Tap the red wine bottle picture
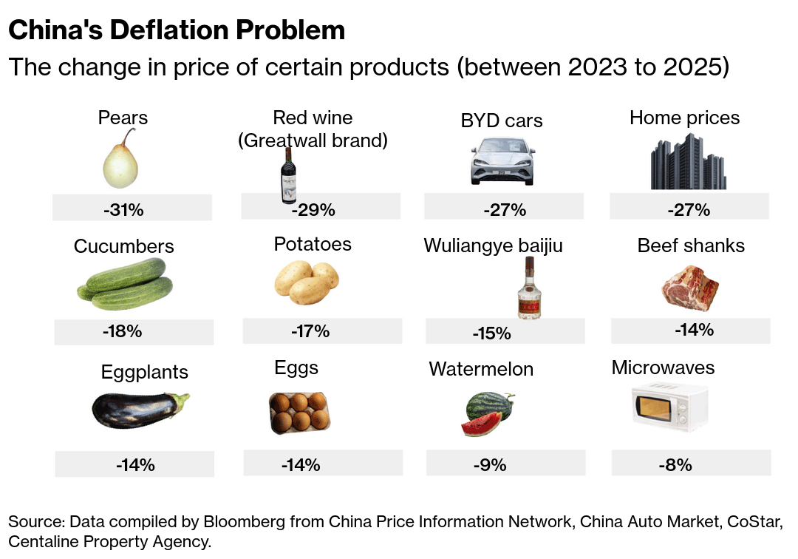click(288, 175)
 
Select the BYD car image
click(502, 160)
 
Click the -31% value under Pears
click(123, 210)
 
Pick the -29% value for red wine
click(313, 210)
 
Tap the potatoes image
click(307, 284)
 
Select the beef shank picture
click(689, 289)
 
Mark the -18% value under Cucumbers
click(123, 331)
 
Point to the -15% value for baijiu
click(492, 333)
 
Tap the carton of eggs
click(298, 412)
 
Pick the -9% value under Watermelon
click(490, 465)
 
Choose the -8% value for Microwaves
click(675, 465)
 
